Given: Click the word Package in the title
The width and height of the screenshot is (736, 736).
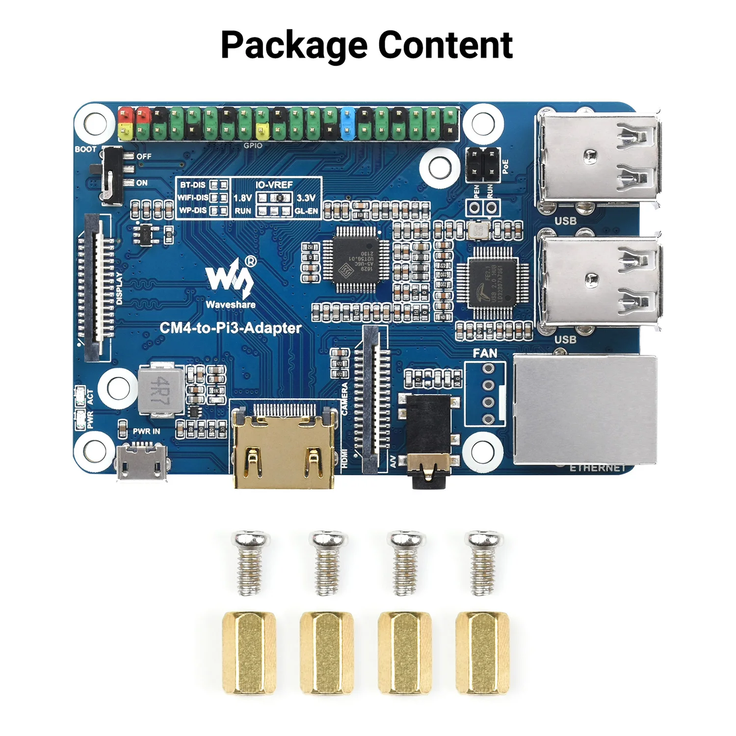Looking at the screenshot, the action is pos(293,45).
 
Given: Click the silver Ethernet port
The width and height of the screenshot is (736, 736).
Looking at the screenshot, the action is pos(584,410).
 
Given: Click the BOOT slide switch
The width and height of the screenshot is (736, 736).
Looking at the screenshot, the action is pos(112,174).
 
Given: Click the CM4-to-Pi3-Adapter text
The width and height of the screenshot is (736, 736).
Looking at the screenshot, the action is pos(231,328).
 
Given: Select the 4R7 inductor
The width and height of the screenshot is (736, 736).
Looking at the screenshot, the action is pos(160,388).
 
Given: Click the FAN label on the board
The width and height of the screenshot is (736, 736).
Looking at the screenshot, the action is pos(485,353).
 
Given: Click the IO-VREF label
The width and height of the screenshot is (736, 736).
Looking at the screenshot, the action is pos(274,184).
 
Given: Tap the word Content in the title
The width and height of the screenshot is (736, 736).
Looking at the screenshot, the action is pos(445,45).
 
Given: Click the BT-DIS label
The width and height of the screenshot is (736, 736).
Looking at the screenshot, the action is pos(192,185).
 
